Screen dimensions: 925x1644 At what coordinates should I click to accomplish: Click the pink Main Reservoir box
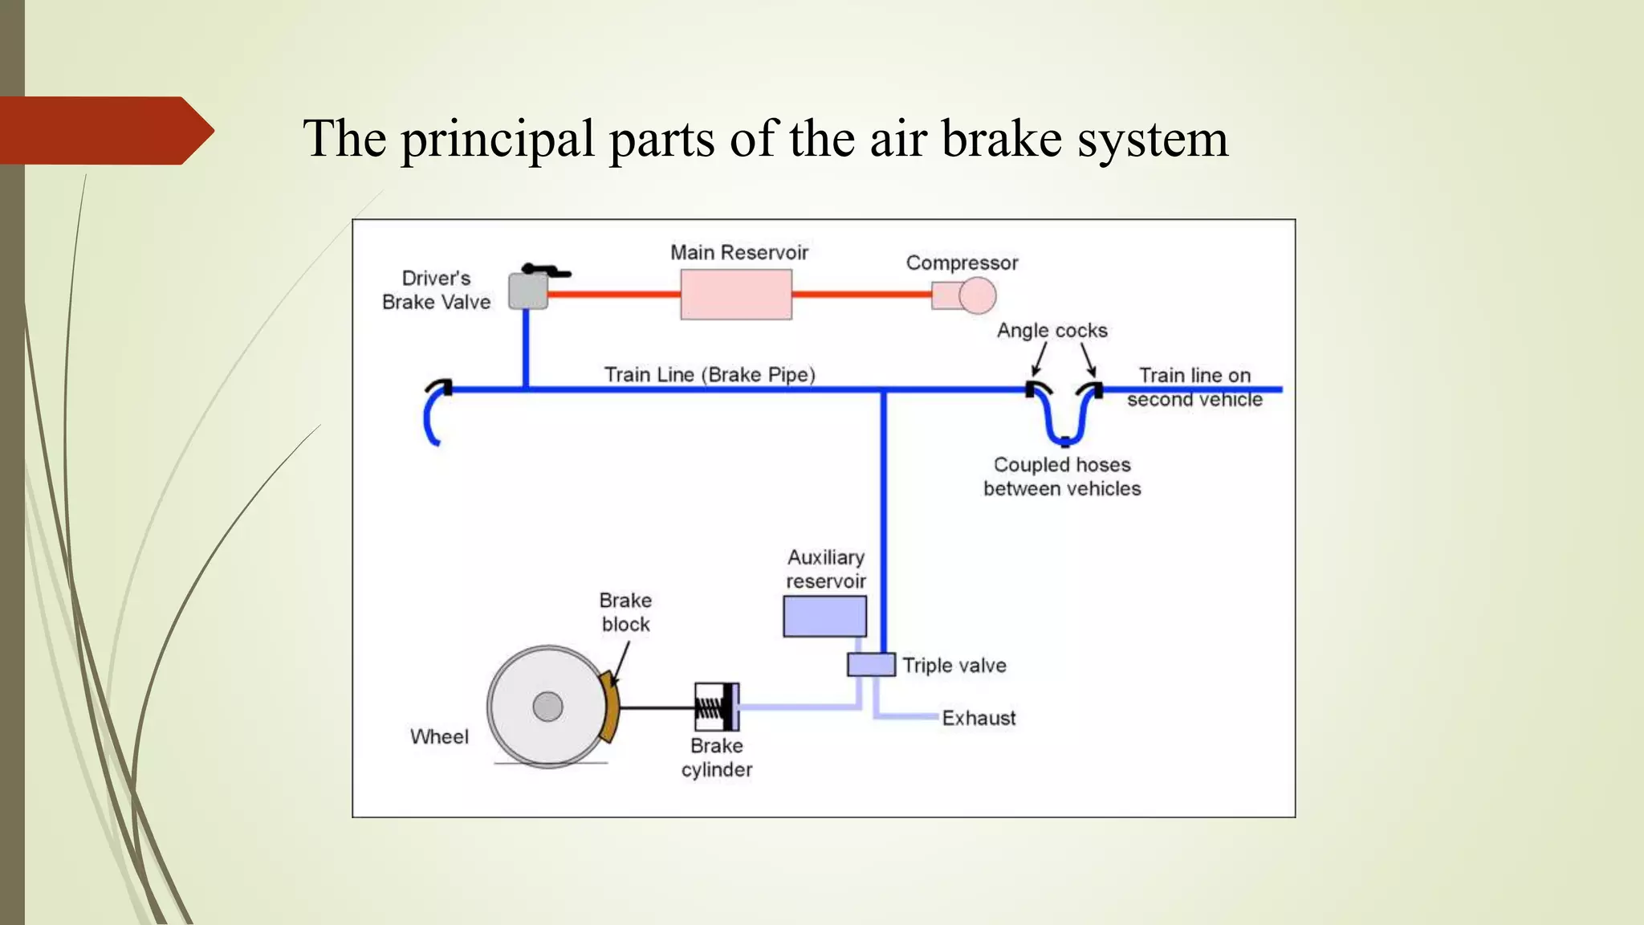coord(736,295)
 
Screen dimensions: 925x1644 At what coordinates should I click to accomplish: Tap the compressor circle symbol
coord(977,295)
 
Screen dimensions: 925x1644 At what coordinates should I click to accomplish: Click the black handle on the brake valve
coord(545,271)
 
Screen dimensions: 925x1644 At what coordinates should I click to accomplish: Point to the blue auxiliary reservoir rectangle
coord(824,617)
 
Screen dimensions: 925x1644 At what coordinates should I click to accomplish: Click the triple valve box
coord(871,665)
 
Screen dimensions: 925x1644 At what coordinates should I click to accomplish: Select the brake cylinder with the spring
coord(716,707)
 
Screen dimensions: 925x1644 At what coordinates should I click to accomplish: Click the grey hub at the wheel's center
coord(548,707)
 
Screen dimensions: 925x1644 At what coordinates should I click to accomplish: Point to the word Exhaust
coord(979,718)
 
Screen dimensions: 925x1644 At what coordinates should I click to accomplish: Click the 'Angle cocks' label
coord(1052,331)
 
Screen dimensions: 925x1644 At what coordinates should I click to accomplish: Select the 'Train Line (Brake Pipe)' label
coord(710,375)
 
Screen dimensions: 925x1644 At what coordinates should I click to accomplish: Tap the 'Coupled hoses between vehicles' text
coord(1062,477)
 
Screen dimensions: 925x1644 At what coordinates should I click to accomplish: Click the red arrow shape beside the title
coord(104,131)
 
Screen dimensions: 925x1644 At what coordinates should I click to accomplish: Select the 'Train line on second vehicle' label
coord(1194,388)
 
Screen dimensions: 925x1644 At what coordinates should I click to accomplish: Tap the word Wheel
coord(439,737)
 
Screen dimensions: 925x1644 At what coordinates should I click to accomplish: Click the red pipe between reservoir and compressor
coord(861,295)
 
